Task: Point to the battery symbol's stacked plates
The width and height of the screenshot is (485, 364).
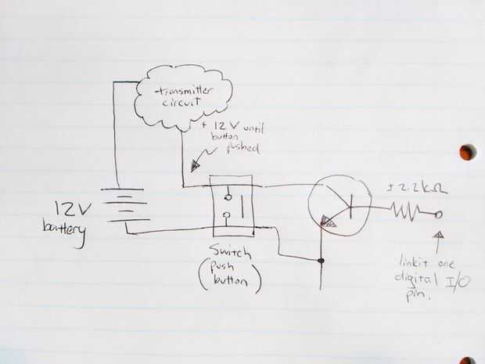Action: point(124,204)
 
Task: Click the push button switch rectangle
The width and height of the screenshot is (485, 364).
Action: point(232,205)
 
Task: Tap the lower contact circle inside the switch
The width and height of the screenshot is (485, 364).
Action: point(227,215)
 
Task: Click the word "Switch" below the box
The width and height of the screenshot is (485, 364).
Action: point(230,251)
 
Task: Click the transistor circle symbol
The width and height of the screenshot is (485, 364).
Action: point(339,205)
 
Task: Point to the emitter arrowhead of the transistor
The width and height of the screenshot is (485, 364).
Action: point(330,222)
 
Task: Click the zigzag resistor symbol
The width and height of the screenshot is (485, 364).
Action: point(404,211)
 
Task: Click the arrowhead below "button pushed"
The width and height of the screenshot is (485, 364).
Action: point(195,165)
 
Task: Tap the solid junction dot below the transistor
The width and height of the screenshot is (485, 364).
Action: point(321,260)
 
